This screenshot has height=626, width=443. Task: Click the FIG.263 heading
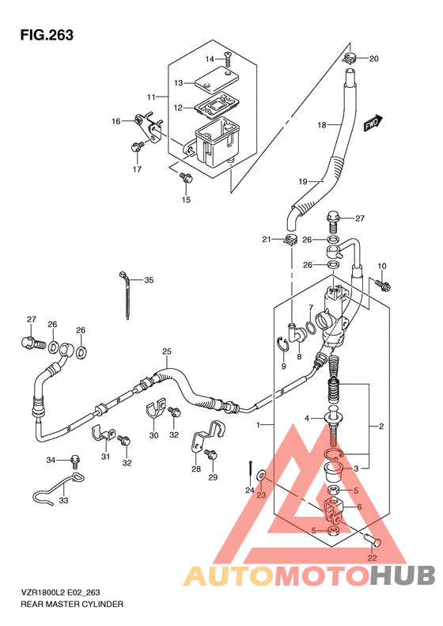click(47, 35)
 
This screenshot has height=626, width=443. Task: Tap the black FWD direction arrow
click(373, 123)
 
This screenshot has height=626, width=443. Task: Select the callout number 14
click(210, 59)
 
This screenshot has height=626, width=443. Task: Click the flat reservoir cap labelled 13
click(214, 78)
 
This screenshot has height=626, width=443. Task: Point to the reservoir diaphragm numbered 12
click(215, 104)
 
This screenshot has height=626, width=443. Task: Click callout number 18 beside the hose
click(322, 125)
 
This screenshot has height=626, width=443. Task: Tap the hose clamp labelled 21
click(290, 241)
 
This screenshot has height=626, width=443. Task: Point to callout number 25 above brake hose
click(167, 351)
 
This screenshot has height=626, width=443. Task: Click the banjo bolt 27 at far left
click(33, 343)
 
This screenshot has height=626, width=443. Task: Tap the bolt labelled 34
click(74, 461)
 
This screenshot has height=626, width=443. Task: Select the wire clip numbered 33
click(59, 489)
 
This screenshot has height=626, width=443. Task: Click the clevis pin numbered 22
click(373, 541)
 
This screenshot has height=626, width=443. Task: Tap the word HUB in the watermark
click(402, 575)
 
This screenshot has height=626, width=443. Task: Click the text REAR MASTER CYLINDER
click(72, 604)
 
